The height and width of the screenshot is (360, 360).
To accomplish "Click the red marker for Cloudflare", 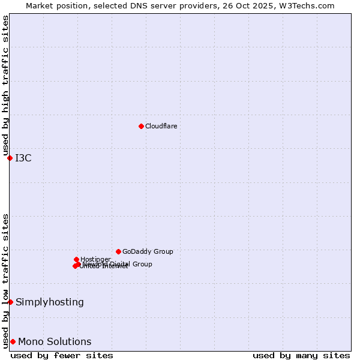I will tap(141, 126).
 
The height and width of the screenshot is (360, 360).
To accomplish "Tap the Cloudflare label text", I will tap(161, 126).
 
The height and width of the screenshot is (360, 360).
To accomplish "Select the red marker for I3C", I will tap(10, 158).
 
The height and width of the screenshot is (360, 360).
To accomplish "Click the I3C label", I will tap(23, 158).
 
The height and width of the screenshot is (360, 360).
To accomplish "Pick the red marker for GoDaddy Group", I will tap(118, 251).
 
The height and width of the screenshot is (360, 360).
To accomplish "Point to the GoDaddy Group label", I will tap(148, 251).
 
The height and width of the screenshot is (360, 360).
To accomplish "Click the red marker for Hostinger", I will tap(76, 259).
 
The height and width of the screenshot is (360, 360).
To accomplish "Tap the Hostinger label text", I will tap(95, 259).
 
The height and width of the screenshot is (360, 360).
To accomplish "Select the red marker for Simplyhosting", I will tap(10, 302).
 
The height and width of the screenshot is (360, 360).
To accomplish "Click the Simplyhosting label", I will tap(50, 302).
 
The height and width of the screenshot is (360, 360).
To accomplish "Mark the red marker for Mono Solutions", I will tap(13, 341).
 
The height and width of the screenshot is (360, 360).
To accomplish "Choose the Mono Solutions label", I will tap(55, 342).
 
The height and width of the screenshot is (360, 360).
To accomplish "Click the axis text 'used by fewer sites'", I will tap(62, 355).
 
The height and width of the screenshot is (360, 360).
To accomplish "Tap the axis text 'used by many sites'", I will tap(301, 355).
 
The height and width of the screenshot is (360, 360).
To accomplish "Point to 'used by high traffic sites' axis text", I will tap(6, 86).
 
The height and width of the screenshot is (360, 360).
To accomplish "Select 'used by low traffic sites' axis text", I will tap(6, 281).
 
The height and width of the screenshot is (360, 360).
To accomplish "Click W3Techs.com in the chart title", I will tap(309, 5).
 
